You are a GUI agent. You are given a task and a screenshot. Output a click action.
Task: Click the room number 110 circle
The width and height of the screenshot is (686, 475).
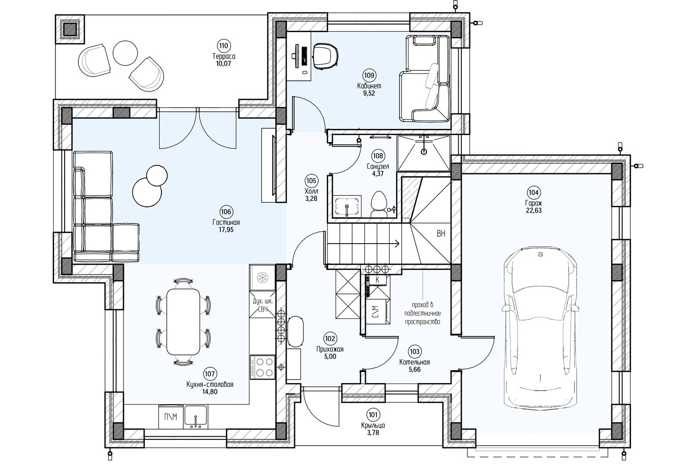[224, 46]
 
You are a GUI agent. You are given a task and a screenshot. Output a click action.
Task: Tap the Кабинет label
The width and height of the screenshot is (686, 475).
[369, 86]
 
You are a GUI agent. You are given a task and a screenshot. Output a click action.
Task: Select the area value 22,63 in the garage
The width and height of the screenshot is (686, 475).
[533, 210]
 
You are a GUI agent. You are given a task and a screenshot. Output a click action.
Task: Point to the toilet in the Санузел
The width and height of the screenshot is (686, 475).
[379, 204]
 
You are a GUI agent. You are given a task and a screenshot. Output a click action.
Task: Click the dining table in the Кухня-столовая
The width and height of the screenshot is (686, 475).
[183, 321]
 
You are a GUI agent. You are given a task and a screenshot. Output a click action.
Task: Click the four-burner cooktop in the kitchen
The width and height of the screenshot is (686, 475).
[263, 367]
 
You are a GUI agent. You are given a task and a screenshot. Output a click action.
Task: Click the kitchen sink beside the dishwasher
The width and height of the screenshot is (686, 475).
[196, 417]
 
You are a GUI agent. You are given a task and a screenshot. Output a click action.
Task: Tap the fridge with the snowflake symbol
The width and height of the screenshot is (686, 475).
[263, 278]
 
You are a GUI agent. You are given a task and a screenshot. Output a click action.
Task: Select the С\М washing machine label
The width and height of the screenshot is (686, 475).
[376, 312]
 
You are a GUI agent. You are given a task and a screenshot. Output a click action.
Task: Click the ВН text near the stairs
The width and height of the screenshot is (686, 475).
[441, 234]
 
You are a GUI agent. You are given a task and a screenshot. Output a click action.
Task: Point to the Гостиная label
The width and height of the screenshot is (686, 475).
[226, 223]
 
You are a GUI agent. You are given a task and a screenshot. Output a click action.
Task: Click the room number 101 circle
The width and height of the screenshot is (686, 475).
[373, 415]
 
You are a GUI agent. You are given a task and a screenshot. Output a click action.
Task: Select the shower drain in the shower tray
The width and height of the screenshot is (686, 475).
[424, 151]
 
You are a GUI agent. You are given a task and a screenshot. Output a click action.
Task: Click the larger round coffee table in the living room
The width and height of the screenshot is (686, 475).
[147, 192]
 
